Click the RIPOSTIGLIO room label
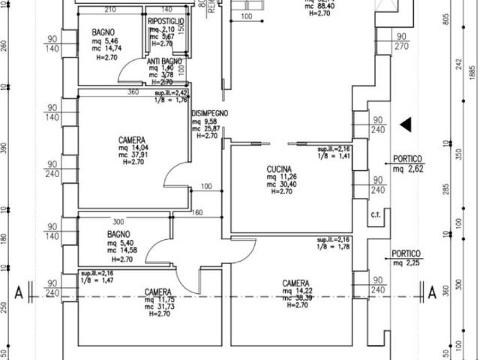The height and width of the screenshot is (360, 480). (x=166, y=21)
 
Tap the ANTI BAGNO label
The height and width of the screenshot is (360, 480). (x=163, y=61)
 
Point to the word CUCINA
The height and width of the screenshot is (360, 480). (x=279, y=169)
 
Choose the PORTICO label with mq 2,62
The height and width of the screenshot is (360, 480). (x=407, y=159)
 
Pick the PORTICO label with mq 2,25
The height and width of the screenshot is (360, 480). (x=407, y=253)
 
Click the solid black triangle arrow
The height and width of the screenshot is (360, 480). (x=406, y=124)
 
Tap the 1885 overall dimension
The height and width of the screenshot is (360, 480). (x=472, y=75)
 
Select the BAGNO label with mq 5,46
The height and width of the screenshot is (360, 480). (x=103, y=33)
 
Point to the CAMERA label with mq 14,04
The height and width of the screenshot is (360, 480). (x=132, y=140)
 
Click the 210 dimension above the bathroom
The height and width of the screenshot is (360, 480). (x=109, y=10)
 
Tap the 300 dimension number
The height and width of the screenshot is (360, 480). (x=118, y=222)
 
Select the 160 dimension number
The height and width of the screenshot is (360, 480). (x=198, y=213)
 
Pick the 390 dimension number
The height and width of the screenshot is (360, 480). (x=4, y=148)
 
